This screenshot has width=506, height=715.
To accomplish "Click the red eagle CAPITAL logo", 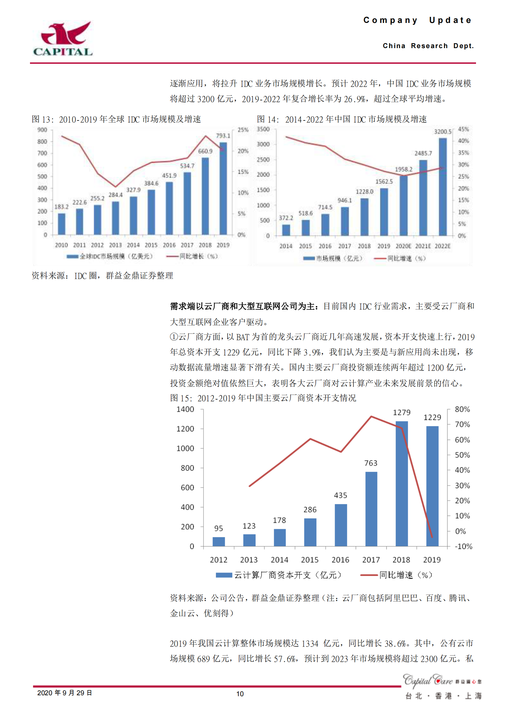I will pyautogui.click(x=63, y=39).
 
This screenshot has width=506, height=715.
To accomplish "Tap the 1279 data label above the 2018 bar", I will pyautogui.click(x=401, y=413).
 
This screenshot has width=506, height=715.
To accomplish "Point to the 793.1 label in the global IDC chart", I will pyautogui.click(x=223, y=136).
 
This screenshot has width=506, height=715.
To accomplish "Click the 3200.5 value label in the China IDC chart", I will pyautogui.click(x=443, y=132).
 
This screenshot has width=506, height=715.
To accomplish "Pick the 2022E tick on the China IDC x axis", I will pyautogui.click(x=443, y=246).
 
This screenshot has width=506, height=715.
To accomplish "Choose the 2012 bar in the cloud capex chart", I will pyautogui.click(x=219, y=541).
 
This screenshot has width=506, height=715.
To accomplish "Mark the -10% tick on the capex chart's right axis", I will pyautogui.click(x=463, y=546).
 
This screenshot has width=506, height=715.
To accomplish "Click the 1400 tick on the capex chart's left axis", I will pyautogui.click(x=185, y=409).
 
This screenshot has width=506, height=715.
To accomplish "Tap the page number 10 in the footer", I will pyautogui.click(x=240, y=694).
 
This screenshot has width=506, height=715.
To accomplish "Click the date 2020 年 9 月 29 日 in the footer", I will pyautogui.click(x=64, y=693).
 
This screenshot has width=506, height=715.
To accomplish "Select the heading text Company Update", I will pyautogui.click(x=417, y=20).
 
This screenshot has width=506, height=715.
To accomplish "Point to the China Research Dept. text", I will pyautogui.click(x=428, y=46).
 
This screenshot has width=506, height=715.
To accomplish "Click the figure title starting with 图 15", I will pyautogui.click(x=263, y=398).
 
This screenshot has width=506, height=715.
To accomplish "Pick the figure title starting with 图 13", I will pyautogui.click(x=116, y=119).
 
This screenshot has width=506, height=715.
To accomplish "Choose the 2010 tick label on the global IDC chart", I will pyautogui.click(x=61, y=245).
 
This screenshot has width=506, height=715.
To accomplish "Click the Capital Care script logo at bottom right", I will pyautogui.click(x=428, y=681).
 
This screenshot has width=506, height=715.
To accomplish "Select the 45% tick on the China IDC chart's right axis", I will pyautogui.click(x=463, y=129).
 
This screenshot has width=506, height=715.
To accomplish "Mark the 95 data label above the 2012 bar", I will pyautogui.click(x=219, y=528).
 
